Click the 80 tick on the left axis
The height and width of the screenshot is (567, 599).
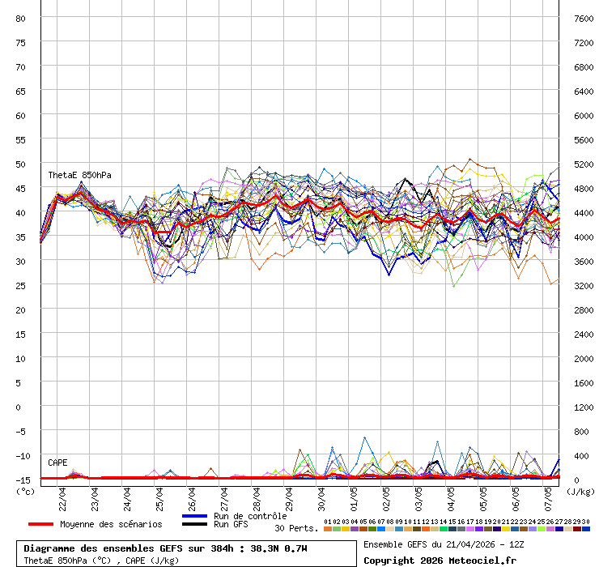21,18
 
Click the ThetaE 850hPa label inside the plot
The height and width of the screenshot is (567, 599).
79,175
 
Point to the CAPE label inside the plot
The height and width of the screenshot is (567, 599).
57,463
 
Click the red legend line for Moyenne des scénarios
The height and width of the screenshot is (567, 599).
40,524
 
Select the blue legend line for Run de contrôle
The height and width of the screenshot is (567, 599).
195,516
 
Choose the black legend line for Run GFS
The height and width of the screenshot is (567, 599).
195,525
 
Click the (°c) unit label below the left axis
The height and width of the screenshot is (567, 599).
26,491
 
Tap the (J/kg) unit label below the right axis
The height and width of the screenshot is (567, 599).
580,491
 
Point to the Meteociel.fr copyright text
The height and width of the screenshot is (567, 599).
440,560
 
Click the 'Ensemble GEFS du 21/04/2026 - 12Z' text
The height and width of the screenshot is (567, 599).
444,544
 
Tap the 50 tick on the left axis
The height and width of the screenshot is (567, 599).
21,164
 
